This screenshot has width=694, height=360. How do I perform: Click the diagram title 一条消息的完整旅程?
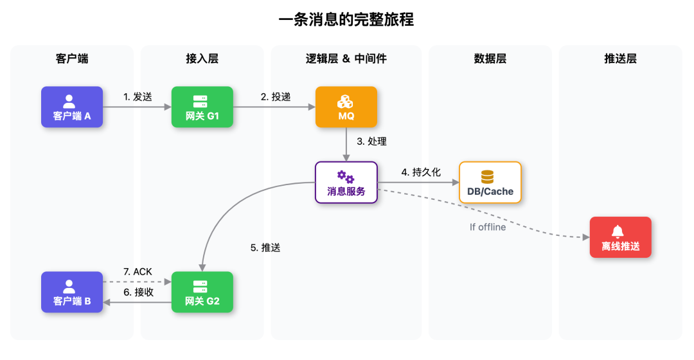point(346,20)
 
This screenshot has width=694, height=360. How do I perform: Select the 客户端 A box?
point(72,107)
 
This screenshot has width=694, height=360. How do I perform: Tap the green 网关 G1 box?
point(202,107)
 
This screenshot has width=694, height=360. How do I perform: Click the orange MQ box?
point(346,107)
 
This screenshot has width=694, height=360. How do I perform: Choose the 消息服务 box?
point(346,183)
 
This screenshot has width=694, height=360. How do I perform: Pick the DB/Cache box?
point(490,183)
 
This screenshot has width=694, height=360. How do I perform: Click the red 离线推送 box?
point(620,237)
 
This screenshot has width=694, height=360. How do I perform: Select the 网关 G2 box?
point(202,292)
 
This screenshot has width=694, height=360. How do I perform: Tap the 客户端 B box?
point(72,292)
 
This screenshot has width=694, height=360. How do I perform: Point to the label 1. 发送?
point(138,97)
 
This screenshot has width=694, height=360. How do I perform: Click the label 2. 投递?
point(276,97)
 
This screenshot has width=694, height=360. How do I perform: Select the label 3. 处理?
point(371,141)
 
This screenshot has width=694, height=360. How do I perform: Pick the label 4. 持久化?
point(421,172)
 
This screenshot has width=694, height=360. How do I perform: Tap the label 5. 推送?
point(265,248)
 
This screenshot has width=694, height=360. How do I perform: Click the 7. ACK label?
point(138,272)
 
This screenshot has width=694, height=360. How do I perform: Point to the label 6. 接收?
point(138,292)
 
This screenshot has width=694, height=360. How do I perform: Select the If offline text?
point(488,227)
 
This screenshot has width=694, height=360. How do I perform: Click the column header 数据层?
point(490,59)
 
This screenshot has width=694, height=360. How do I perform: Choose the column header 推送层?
point(620,59)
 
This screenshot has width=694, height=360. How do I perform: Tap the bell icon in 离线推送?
point(618,231)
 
